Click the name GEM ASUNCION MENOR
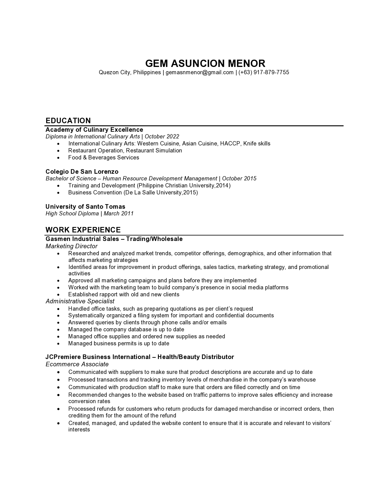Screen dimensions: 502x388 pyautogui.click(x=205, y=63)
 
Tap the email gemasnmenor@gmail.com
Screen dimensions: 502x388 pyautogui.click(x=199, y=72)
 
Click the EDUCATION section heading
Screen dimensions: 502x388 pyautogui.click(x=68, y=120)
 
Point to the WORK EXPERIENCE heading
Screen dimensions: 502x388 pyautogui.click(x=83, y=230)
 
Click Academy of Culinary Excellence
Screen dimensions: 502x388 pyautogui.click(x=94, y=130)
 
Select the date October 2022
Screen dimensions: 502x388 pyautogui.click(x=162, y=137)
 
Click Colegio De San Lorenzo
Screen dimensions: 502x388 pyautogui.click(x=82, y=172)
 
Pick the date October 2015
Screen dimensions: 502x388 pyautogui.click(x=239, y=179)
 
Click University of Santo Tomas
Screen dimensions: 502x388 pyautogui.click(x=86, y=207)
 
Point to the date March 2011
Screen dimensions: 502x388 pyautogui.click(x=119, y=214)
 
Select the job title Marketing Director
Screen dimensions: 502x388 pyautogui.click(x=72, y=246)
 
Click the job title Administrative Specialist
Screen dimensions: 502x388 pyautogui.click(x=80, y=301)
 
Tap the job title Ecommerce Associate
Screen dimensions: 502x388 pyautogui.click(x=77, y=364)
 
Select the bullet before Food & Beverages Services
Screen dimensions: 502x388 pyautogui.click(x=58, y=158)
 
